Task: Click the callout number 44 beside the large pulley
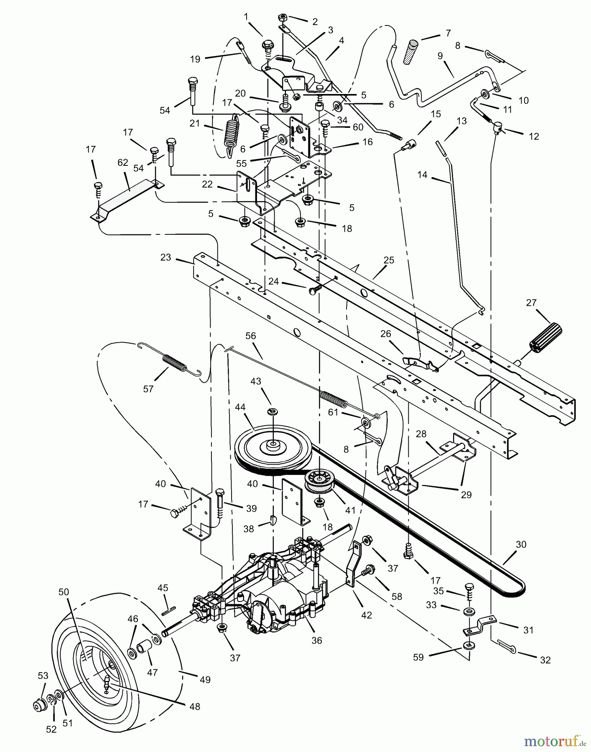[252, 407]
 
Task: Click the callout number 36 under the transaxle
[317, 640]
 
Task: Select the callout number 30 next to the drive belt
[520, 544]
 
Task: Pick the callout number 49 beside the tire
[204, 680]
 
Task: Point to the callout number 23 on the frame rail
[166, 257]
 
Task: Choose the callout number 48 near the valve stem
[195, 706]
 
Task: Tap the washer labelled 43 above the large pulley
[273, 411]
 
